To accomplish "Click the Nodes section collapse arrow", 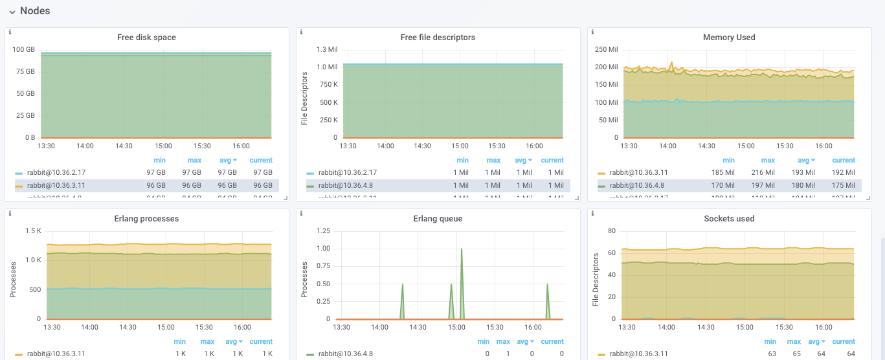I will (12, 12).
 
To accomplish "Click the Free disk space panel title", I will (146, 38).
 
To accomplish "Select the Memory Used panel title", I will (729, 38).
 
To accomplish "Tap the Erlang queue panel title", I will (438, 219).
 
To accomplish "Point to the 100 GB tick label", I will (24, 50).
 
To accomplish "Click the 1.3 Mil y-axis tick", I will (326, 50).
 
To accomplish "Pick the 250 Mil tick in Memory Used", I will (607, 50).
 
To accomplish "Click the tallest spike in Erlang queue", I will (462, 249).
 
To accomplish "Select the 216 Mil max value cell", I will (768, 173).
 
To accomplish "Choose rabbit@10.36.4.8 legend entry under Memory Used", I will (637, 186).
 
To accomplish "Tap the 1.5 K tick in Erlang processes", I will (33, 231).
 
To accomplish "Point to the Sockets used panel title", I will (729, 219).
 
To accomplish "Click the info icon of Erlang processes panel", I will (10, 213).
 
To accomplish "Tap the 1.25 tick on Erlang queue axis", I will (322, 231).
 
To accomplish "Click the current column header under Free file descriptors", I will (552, 161).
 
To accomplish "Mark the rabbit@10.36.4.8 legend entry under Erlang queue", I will (345, 354).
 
